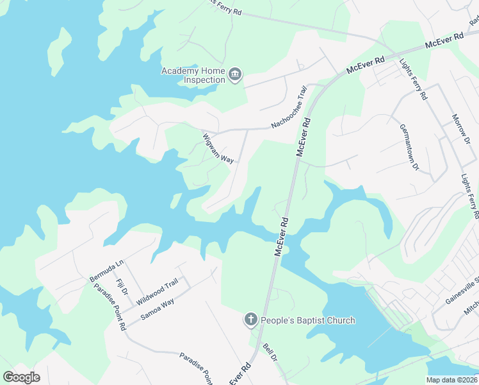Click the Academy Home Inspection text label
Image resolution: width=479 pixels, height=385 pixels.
tap(193, 75)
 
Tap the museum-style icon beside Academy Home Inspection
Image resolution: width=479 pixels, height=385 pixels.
tap(235, 76)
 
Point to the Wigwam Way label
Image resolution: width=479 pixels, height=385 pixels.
tap(218, 149)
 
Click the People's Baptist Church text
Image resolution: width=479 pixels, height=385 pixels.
tap(308, 320)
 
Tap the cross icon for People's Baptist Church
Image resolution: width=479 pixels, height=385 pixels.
tap(251, 320)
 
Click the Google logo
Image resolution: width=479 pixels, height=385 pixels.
tap(21, 377)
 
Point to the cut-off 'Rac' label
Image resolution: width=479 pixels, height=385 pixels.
tap(473, 21)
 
